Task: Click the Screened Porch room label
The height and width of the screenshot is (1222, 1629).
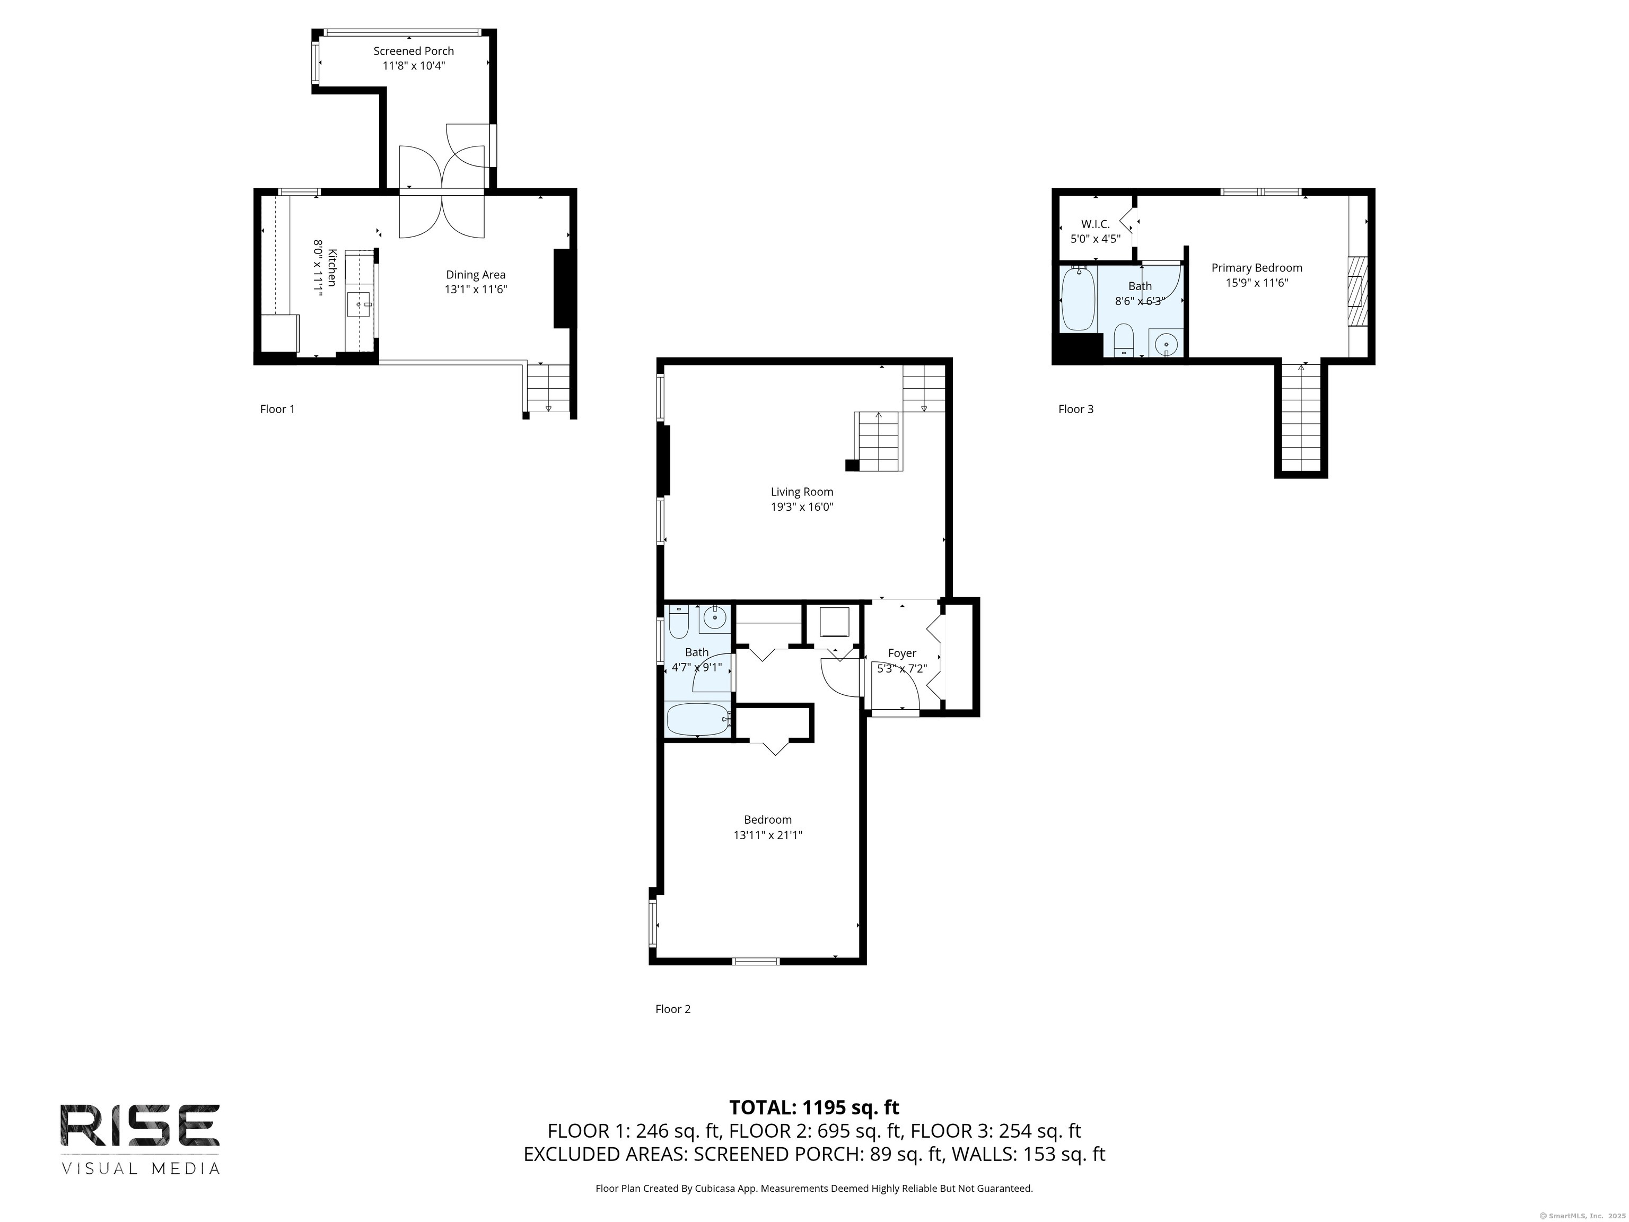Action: click(413, 51)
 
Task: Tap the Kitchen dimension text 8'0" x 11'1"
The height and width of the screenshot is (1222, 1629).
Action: click(318, 267)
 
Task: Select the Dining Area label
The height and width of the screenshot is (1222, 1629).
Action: click(475, 275)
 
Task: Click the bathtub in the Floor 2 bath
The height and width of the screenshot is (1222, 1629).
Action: click(697, 719)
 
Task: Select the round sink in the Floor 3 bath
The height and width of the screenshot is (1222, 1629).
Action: click(1166, 343)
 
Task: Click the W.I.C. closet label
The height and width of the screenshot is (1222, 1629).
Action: click(1095, 224)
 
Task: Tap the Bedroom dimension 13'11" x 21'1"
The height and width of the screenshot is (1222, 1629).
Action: click(767, 835)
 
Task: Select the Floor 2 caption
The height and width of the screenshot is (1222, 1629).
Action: click(672, 1009)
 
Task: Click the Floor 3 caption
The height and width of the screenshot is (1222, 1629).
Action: click(1075, 409)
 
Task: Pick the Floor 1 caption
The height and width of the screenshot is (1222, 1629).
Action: click(277, 409)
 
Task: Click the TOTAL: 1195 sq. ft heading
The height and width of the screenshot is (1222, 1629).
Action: click(814, 1107)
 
